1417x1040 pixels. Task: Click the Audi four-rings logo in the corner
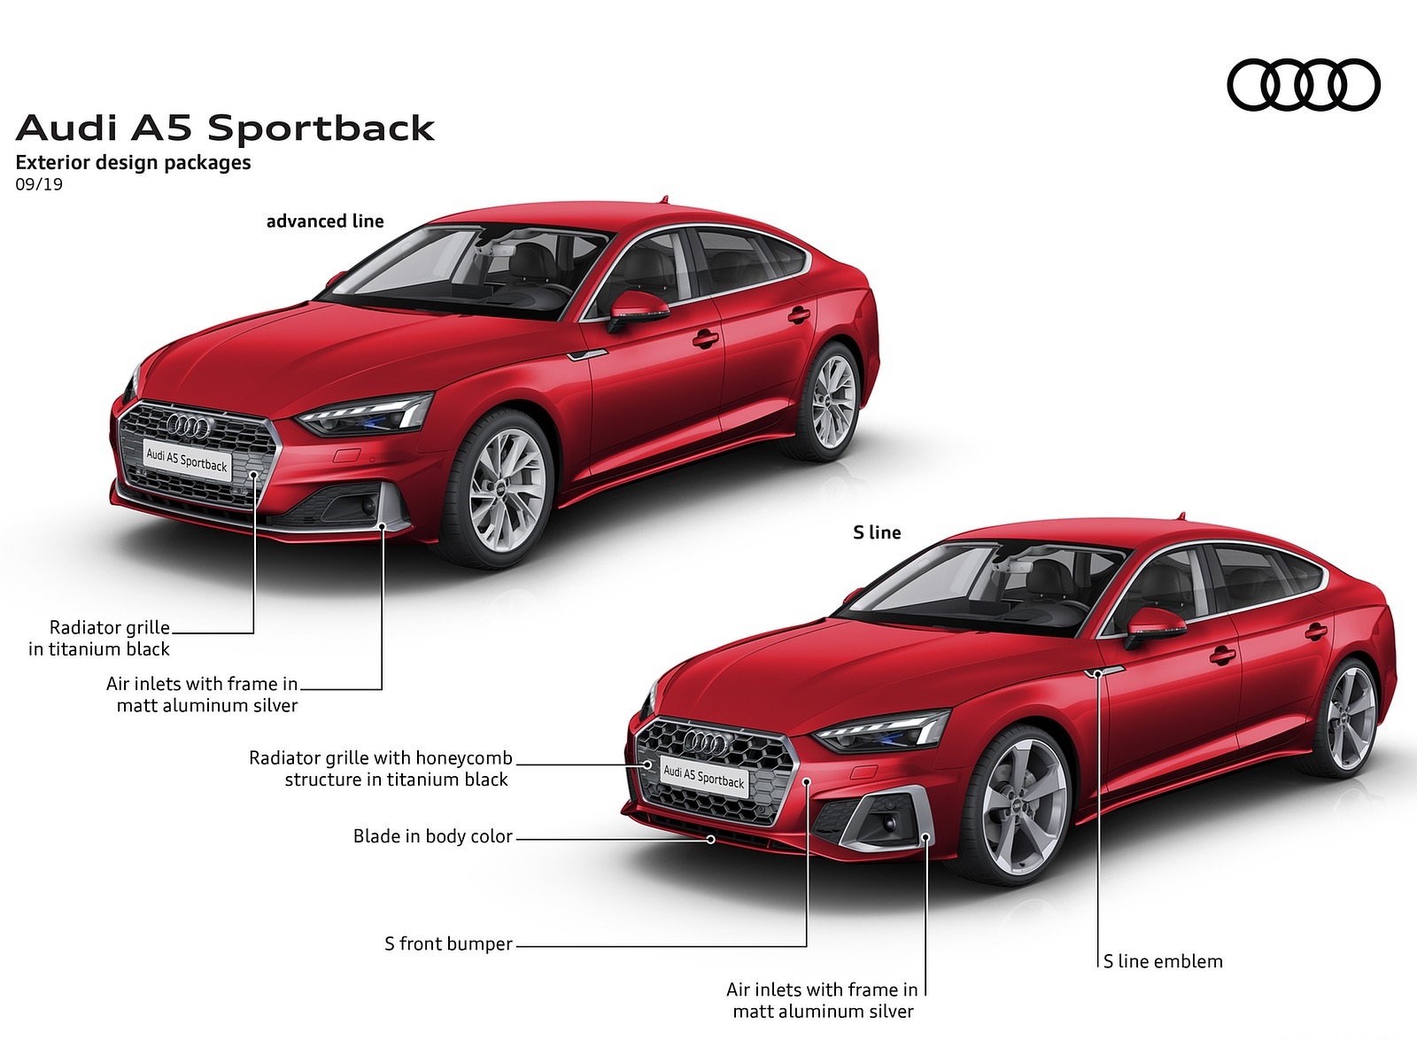(1303, 85)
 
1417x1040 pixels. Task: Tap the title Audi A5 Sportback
(225, 128)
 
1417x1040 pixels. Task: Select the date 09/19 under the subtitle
(39, 185)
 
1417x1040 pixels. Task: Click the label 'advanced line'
(325, 221)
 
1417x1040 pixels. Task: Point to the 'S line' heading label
(877, 532)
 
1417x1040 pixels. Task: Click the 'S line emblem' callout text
(1163, 961)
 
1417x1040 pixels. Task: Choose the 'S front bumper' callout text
(448, 944)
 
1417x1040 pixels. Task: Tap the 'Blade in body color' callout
(432, 836)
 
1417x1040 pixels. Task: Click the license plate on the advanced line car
(187, 461)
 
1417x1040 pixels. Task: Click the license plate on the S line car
(704, 777)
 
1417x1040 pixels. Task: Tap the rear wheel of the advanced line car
(832, 401)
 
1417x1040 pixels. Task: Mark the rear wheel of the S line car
(1350, 718)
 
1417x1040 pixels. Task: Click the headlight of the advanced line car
(366, 415)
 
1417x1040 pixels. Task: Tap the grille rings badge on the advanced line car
(190, 428)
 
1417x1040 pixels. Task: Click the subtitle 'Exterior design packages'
(133, 163)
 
